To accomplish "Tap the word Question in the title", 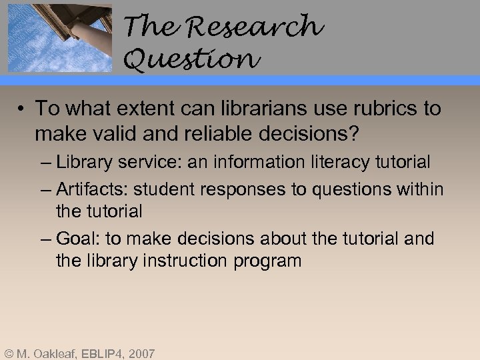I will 191,61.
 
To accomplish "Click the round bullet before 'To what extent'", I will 22,109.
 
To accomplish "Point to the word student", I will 167,190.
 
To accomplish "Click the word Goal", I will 75,239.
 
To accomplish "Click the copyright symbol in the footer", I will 8,353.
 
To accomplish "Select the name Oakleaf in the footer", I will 59,353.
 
